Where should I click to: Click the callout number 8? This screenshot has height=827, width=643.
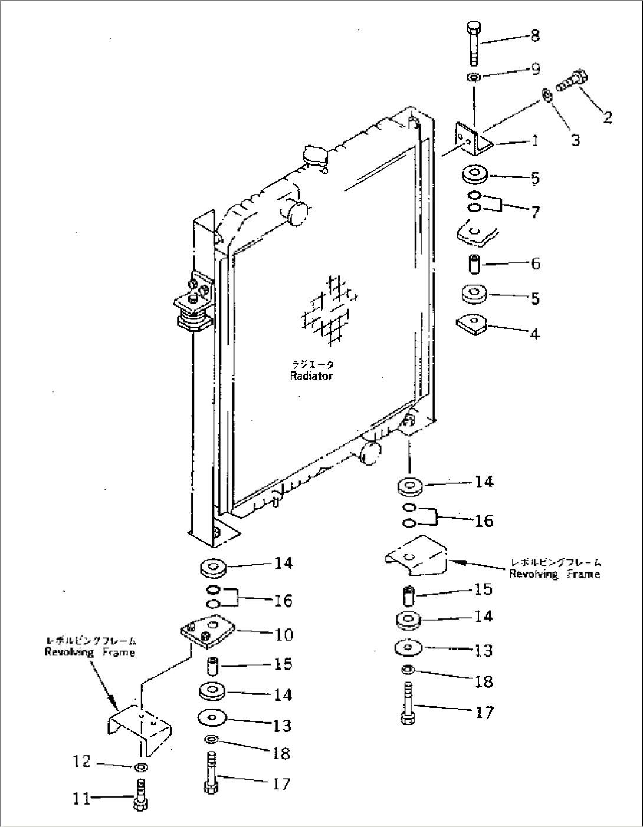(534, 35)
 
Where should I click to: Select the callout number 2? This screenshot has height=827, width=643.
(606, 117)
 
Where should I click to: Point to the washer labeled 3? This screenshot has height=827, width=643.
(547, 94)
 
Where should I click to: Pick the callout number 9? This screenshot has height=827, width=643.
(536, 70)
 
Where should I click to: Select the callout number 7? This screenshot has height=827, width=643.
(535, 211)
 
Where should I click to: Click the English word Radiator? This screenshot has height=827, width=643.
(311, 376)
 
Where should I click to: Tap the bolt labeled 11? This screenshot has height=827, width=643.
(141, 795)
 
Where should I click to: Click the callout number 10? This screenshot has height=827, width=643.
(284, 634)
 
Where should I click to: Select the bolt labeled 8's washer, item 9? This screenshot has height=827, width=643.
(473, 77)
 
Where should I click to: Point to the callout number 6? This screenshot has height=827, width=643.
(535, 263)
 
